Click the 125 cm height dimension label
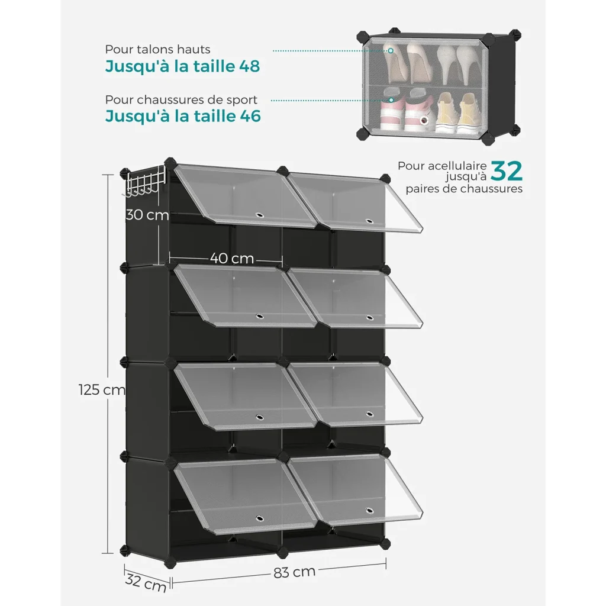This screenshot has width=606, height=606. (102, 389)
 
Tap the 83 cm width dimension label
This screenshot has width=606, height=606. (295, 572)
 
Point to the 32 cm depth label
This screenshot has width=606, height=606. (146, 584)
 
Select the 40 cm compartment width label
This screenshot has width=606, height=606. (232, 258)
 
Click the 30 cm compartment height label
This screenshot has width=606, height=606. (147, 214)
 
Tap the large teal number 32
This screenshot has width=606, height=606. (507, 171)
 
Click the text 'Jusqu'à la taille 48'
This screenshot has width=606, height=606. (182, 66)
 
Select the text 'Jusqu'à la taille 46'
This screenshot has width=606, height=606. (183, 117)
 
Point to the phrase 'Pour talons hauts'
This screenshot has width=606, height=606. (157, 50)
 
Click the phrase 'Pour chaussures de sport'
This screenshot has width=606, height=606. (181, 99)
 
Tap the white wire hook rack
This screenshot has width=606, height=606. (144, 182)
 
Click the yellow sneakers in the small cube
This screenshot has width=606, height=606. (456, 113)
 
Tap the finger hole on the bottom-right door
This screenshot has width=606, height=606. (369, 511)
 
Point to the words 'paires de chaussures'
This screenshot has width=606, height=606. (464, 189)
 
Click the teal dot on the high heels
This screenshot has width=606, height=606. (391, 51)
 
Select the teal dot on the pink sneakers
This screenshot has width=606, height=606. (391, 100)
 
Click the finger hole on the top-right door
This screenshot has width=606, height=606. (369, 221)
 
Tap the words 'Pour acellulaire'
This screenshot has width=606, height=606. (442, 166)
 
